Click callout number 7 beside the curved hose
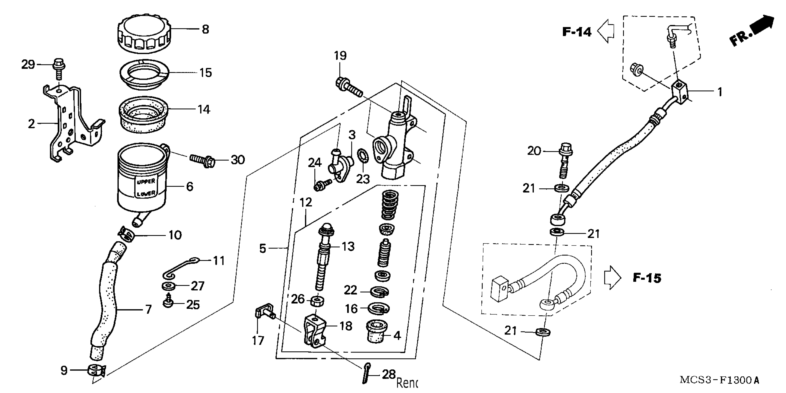click(148, 310)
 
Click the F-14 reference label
click(577, 32)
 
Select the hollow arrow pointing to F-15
click(612, 277)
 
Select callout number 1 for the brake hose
click(720, 92)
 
